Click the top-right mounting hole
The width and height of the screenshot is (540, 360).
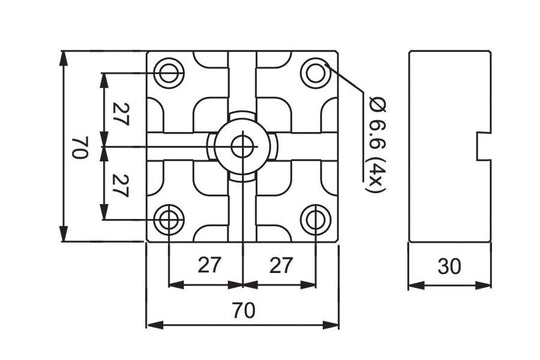point(316,73)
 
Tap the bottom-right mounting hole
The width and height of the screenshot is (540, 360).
point(316,219)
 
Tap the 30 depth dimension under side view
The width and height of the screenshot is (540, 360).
point(449,268)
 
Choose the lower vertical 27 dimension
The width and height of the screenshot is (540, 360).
point(120,183)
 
